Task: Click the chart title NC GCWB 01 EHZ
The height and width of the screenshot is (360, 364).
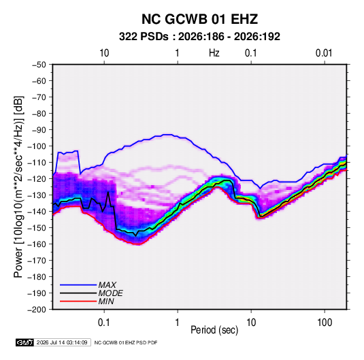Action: click(199, 19)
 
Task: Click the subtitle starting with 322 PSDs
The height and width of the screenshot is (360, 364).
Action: click(199, 37)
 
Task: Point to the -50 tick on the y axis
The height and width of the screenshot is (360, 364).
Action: click(39, 65)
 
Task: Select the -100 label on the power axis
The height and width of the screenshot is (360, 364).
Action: click(37, 146)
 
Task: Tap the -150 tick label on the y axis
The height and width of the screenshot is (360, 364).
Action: click(37, 228)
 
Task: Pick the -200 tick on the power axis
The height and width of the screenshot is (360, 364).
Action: click(37, 310)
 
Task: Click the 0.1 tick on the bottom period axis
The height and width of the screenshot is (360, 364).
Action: click(104, 323)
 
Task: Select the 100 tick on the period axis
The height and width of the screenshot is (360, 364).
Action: click(325, 323)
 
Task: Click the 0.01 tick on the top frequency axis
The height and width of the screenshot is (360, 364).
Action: click(324, 53)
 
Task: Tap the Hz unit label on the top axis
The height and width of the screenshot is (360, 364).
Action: click(214, 53)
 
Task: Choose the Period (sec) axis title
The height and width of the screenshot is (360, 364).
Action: click(214, 330)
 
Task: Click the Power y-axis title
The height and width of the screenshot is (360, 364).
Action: click(18, 186)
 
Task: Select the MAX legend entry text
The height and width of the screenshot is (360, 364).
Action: click(107, 285)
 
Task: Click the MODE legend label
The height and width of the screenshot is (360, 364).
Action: click(110, 293)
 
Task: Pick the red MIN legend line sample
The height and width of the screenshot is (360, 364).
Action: click(78, 301)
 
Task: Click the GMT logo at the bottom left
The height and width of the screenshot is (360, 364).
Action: click(25, 342)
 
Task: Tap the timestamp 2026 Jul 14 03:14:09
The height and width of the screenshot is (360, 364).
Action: click(62, 342)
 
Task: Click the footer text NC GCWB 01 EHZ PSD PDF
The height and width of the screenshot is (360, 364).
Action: click(126, 342)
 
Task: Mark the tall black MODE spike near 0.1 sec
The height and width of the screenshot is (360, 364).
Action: click(108, 193)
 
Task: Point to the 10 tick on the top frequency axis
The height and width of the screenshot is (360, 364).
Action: click(104, 53)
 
